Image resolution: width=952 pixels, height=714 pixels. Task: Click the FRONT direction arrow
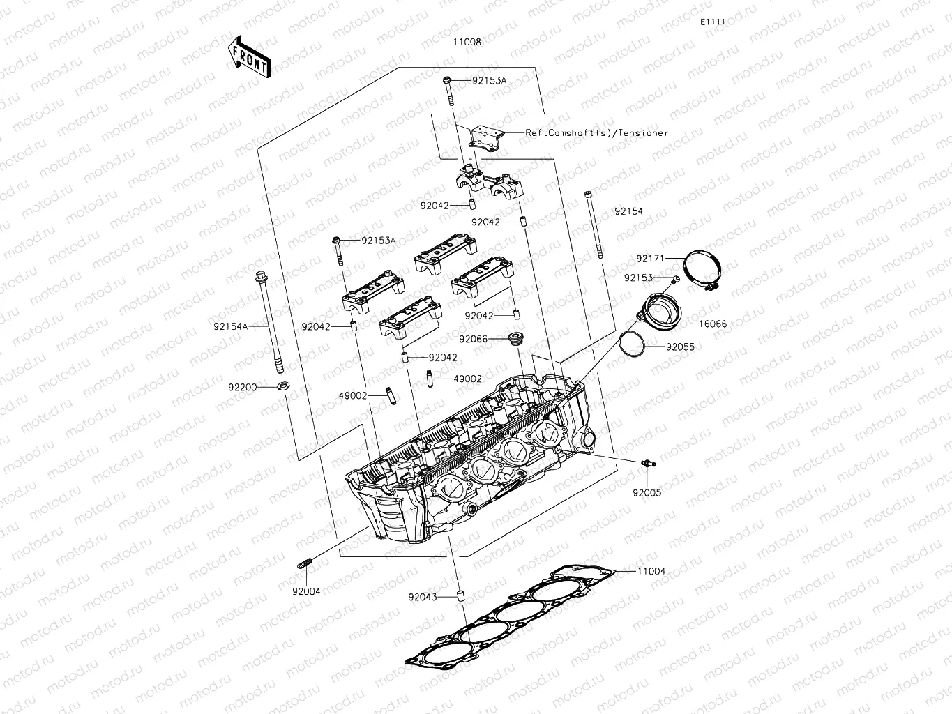248,56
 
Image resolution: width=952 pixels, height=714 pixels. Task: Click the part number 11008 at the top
467,42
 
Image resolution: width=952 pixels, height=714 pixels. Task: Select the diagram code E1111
713,22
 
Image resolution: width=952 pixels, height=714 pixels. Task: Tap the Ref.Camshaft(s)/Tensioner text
597,132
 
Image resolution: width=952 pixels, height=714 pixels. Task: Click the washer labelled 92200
284,386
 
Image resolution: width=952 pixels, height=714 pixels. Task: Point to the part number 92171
650,259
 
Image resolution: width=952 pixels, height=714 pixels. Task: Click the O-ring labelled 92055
633,344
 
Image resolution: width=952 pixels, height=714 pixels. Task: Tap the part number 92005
647,492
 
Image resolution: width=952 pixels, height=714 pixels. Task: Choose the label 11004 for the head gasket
651,571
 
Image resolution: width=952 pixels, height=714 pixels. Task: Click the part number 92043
423,597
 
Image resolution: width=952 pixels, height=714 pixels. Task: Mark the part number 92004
306,591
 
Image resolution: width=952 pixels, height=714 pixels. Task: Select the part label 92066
473,339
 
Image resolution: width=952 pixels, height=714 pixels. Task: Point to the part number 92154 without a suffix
628,211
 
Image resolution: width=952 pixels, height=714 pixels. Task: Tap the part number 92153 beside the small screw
638,278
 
